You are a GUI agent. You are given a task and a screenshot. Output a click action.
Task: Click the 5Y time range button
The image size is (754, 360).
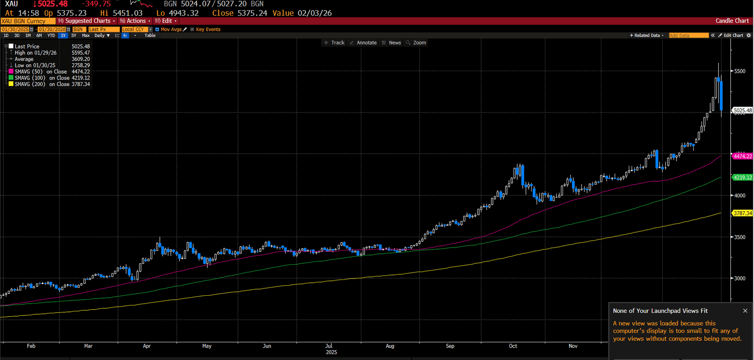(74, 35)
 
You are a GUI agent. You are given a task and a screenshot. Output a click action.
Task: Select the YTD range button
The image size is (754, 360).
(51, 35)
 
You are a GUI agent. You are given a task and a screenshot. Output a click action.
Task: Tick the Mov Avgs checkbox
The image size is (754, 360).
(157, 29)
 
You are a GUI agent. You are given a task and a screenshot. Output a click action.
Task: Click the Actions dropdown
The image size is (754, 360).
(135, 21)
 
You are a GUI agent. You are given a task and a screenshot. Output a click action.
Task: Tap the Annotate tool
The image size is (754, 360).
(363, 43)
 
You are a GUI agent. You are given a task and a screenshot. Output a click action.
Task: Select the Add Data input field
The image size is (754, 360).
(689, 35)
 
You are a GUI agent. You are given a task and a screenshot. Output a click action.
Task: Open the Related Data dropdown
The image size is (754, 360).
(647, 35)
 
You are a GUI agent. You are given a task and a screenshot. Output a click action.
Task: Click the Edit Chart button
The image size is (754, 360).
(731, 35)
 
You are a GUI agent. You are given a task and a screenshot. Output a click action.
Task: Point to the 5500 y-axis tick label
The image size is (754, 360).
(739, 71)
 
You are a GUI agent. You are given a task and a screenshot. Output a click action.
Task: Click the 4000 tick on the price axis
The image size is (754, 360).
(739, 195)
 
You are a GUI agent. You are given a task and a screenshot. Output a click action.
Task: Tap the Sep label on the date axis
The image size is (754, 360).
(450, 346)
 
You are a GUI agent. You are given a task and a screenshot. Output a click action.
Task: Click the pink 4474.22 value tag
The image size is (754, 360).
(742, 156)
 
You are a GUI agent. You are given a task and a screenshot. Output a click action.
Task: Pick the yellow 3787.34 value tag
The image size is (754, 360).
(742, 213)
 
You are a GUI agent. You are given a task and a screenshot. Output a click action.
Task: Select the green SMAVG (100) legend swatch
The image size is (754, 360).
(11, 78)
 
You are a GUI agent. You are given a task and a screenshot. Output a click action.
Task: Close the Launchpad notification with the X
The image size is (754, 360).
(745, 311)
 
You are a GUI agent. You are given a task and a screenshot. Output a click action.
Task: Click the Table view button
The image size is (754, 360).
(150, 35)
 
